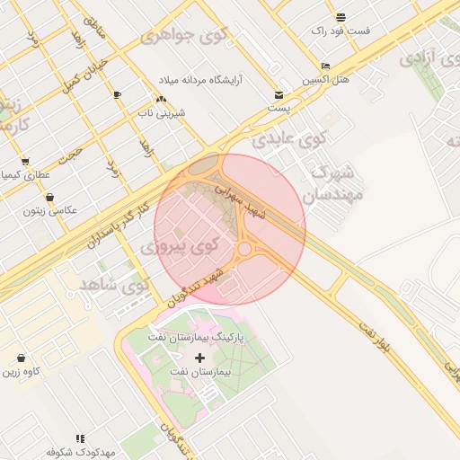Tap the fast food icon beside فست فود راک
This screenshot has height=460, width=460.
pos(341,17)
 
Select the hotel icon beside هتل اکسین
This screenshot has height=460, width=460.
pos(325,66)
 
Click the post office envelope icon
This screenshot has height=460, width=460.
pos(279,95)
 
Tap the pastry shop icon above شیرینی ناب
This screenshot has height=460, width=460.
pos(161,99)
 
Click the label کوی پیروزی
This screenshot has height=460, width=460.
pos(181,244)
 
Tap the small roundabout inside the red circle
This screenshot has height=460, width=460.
pos(244,248)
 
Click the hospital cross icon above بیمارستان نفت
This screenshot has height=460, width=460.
pos(199,358)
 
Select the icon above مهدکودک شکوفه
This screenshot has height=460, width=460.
pos(80,438)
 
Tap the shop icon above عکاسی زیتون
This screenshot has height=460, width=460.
pos(49,197)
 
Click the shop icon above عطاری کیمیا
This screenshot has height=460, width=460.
pos(25,162)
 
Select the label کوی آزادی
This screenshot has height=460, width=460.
pos(429,58)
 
